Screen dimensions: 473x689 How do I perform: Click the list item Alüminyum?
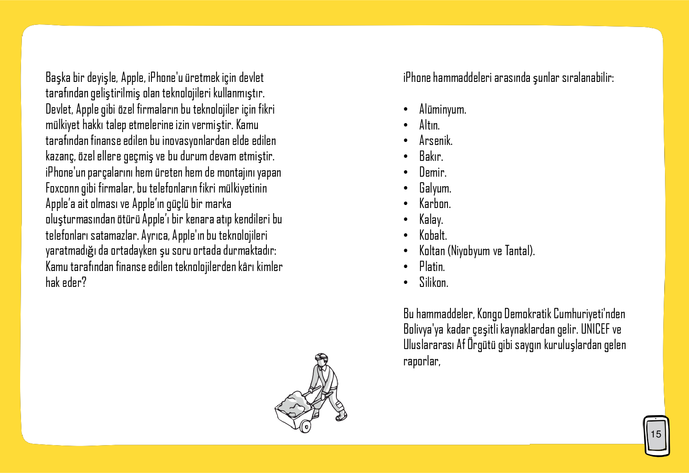442,110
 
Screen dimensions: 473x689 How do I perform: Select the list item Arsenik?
435,141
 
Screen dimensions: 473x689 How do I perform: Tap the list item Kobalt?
433,235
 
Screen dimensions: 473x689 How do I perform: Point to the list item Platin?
432,267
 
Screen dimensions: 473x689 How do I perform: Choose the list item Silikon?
433,283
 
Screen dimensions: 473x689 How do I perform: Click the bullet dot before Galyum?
406,188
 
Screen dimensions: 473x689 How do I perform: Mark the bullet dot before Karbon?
406,204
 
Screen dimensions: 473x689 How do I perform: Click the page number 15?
656,434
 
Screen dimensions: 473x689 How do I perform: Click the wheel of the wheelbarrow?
306,427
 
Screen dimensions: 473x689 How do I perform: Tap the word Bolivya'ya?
423,329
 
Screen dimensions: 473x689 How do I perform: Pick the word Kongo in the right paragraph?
490,314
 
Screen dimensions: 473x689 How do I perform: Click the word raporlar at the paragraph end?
421,361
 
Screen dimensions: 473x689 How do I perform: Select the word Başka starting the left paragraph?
58,78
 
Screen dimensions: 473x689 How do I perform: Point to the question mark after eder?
84,283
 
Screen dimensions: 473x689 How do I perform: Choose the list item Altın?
429,125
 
